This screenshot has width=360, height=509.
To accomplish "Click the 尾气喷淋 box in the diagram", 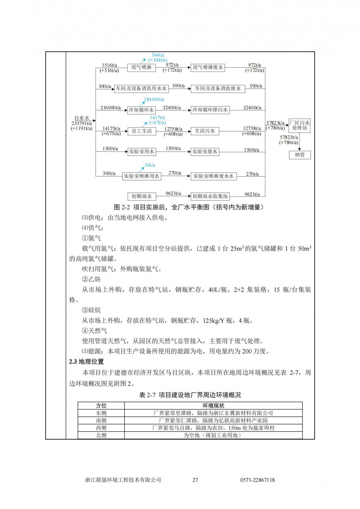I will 141,67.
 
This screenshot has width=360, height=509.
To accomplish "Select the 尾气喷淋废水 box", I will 208,67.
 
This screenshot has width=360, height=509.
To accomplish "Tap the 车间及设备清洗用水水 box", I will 141,89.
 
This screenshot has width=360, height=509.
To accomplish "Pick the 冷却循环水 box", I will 141,110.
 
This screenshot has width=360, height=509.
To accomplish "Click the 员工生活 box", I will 141,131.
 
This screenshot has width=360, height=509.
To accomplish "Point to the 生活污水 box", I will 204,131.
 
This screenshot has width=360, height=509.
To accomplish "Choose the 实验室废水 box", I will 204,152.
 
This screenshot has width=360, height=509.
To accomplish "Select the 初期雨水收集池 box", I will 210,197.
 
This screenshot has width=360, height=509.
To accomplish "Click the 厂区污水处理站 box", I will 300,125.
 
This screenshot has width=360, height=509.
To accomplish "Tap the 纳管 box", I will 300,155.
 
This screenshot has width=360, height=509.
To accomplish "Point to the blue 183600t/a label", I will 154,99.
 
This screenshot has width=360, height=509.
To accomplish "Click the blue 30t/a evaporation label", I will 150,165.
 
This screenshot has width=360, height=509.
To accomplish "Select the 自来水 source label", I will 82,118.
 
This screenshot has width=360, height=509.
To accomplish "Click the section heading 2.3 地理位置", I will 86,361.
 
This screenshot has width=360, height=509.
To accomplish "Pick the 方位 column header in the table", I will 101,406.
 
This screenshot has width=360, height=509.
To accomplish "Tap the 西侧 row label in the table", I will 101,428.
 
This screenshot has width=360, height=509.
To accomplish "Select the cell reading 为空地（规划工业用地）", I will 213,435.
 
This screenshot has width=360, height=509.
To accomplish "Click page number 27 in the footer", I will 195,480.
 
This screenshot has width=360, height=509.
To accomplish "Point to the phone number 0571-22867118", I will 257,480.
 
